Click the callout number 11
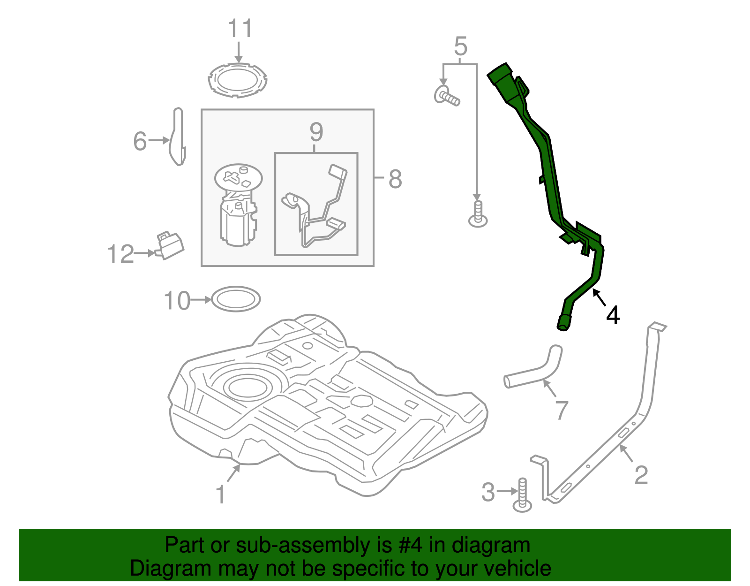tap(240, 29)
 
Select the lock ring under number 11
tap(238, 80)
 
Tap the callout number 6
tap(140, 141)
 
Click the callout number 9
tap(316, 132)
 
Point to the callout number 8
tap(395, 179)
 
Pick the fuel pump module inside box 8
tap(238, 205)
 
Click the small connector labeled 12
tap(170, 245)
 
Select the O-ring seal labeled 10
tap(236, 299)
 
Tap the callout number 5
tap(461, 46)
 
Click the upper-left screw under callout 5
tap(447, 96)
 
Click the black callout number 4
tap(613, 315)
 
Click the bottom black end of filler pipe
tap(563, 324)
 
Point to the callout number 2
tap(641, 475)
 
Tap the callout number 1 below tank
tap(220, 495)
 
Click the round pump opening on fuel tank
tap(247, 387)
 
